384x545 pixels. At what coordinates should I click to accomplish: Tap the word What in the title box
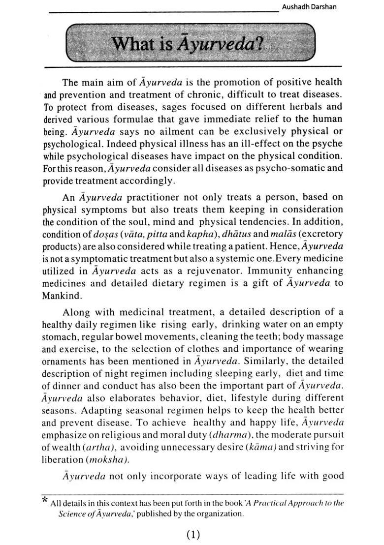coord(130,45)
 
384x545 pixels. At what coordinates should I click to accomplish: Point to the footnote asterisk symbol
coord(45,501)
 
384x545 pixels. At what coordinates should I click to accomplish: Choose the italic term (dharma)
coord(230,434)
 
